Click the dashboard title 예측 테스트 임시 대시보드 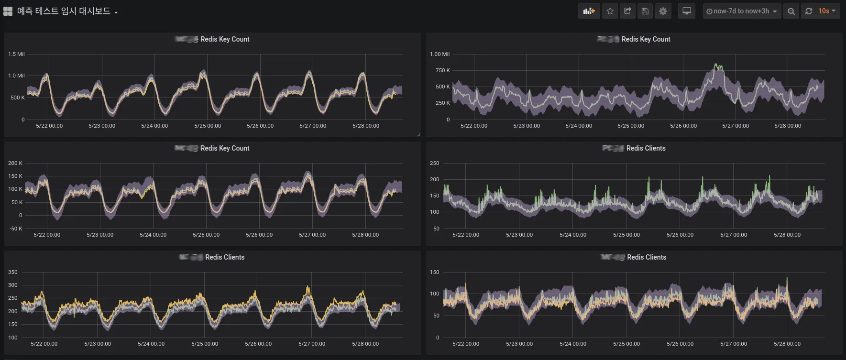pos(64,11)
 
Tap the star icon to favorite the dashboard pos(610,11)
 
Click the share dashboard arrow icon pos(627,11)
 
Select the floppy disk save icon pos(645,11)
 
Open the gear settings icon pos(663,11)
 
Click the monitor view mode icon pos(686,11)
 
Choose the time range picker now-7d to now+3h pos(741,11)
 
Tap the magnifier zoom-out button pos(791,11)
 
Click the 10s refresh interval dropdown pos(826,11)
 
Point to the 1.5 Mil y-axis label pos(16,54)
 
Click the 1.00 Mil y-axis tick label pos(439,54)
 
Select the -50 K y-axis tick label pos(15,229)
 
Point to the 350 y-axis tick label pos(12,272)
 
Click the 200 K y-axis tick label pos(15,163)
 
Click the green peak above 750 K pos(716,65)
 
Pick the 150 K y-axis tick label pos(15,176)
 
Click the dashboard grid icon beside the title pos(8,11)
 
